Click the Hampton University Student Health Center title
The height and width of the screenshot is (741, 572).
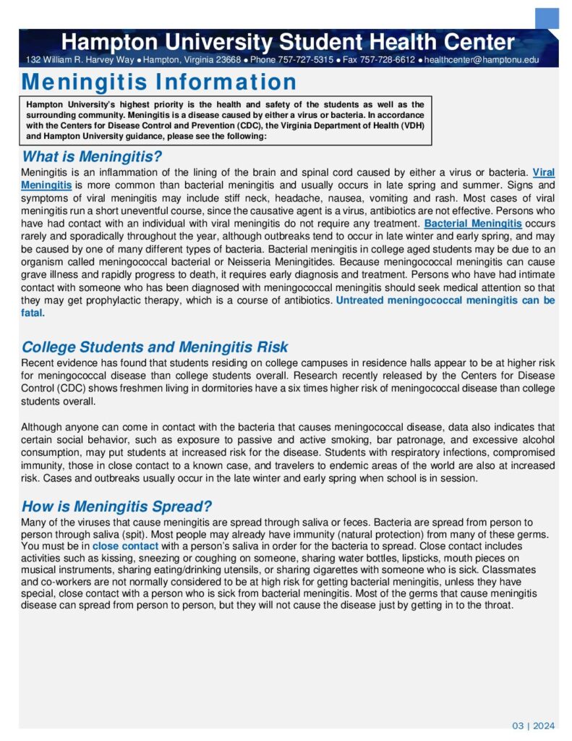pyautogui.click(x=288, y=41)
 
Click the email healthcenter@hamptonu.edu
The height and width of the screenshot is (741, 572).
pyautogui.click(x=482, y=59)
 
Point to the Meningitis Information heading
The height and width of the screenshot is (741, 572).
pyautogui.click(x=159, y=82)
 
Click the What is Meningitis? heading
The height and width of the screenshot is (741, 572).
pyautogui.click(x=92, y=156)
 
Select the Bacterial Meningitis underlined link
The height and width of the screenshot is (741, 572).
pyautogui.click(x=473, y=224)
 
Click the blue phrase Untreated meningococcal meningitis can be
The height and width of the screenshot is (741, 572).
pyautogui.click(x=445, y=300)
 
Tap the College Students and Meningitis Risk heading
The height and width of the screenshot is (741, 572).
pyautogui.click(x=155, y=347)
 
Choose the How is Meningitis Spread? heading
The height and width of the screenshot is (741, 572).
pyautogui.click(x=116, y=507)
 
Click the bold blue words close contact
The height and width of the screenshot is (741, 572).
pyautogui.click(x=125, y=546)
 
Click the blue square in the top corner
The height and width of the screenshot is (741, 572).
pyautogui.click(x=547, y=18)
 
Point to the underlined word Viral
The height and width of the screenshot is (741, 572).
pyautogui.click(x=544, y=172)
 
